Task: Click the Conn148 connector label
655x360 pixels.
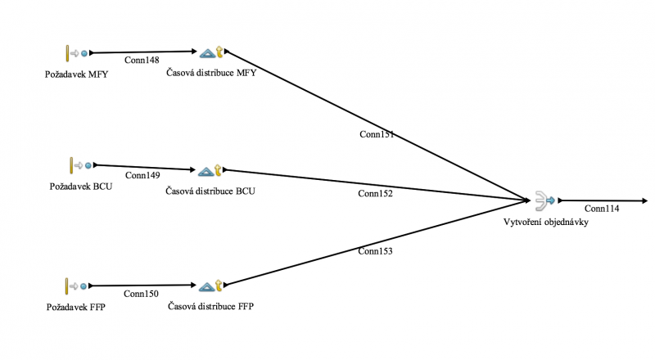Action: (142, 60)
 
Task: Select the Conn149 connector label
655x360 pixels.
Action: (142, 174)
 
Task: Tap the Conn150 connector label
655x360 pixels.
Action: (141, 293)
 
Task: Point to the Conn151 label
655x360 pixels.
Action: (377, 133)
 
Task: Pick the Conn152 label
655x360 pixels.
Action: (375, 194)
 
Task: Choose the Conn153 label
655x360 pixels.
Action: (375, 251)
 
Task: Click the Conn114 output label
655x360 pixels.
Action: (602, 209)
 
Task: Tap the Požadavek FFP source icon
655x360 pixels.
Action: (76, 286)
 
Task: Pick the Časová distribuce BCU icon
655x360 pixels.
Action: (211, 171)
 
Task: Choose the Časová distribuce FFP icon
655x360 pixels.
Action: (211, 286)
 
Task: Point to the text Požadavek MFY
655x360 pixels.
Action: (77, 74)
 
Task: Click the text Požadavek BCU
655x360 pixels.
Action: (80, 187)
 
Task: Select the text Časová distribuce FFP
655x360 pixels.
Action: (210, 307)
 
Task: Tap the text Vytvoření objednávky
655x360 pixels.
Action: (545, 221)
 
